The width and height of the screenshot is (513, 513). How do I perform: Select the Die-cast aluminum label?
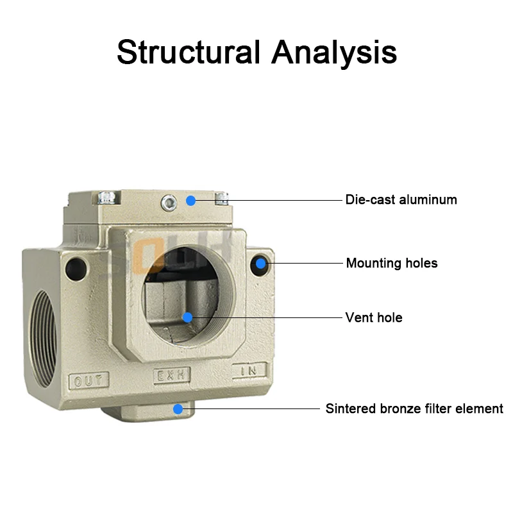pyautogui.click(x=401, y=199)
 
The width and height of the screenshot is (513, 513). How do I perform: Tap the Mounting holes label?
pyautogui.click(x=392, y=263)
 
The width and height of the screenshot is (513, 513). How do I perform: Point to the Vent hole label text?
pyautogui.click(x=374, y=317)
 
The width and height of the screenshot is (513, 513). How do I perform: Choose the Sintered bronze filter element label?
pyautogui.click(x=414, y=408)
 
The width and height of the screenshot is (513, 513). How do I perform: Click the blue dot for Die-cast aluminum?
pyautogui.click(x=190, y=200)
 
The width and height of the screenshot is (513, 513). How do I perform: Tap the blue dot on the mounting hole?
pyautogui.click(x=261, y=263)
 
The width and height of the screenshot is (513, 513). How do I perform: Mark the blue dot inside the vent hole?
pyautogui.click(x=187, y=317)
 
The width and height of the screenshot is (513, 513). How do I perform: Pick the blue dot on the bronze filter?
pyautogui.click(x=178, y=408)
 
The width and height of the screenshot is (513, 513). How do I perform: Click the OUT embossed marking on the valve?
pyautogui.click(x=88, y=381)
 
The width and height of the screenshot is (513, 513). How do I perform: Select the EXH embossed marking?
pyautogui.click(x=171, y=376)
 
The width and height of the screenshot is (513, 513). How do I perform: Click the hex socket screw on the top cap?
pyautogui.click(x=169, y=202)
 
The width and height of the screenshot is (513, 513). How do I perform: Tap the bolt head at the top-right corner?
pyautogui.click(x=223, y=198)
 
